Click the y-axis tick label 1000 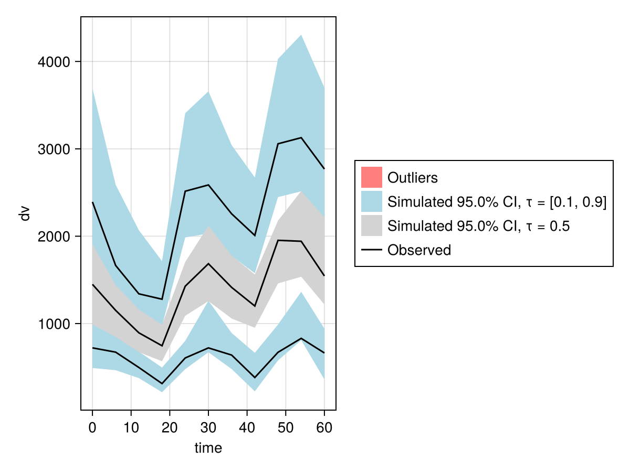[55, 324]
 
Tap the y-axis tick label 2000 [55, 237]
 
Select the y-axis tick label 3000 [55, 149]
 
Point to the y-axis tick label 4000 [55, 62]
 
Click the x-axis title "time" [208, 448]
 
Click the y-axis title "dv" [25, 213]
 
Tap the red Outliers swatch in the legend [372, 177]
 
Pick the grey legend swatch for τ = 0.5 [372, 226]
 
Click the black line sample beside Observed [372, 250]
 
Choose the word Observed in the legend [419, 250]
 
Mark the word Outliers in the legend [412, 178]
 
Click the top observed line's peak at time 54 [301, 137]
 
